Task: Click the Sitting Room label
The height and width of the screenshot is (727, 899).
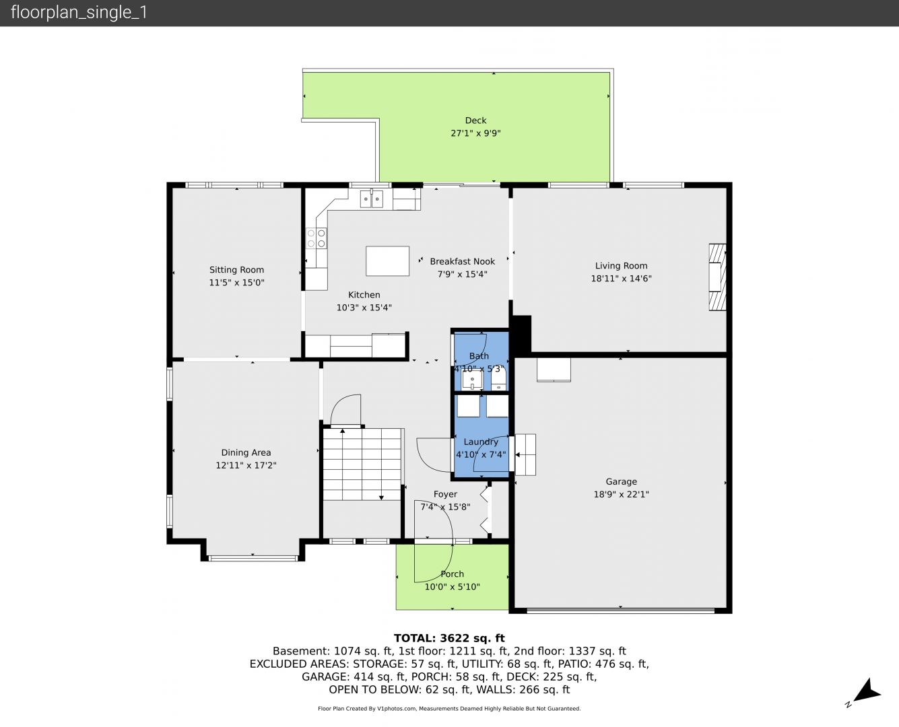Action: point(236,270)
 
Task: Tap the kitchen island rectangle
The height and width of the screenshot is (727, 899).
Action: point(387,261)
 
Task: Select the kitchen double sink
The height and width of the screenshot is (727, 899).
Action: point(372,199)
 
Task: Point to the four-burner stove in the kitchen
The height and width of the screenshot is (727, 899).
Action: point(317,238)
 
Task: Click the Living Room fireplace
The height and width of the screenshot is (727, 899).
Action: point(717,277)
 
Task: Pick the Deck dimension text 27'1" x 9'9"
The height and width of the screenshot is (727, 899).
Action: point(475,133)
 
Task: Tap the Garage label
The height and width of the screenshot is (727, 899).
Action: point(622,481)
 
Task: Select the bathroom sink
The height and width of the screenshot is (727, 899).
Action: point(472,380)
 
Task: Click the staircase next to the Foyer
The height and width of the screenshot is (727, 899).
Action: point(362,464)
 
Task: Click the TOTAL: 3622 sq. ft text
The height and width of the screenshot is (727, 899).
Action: point(449,638)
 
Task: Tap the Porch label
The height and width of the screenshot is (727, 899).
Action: point(452,574)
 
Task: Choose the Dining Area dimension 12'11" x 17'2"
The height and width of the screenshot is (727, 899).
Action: point(246,465)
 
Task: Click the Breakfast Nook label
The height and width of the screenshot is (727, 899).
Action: point(462,261)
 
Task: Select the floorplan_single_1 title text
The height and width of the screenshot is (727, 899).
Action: point(79,13)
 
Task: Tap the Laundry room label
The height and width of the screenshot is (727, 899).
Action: point(481,442)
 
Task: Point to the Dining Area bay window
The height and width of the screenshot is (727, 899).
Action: point(253,559)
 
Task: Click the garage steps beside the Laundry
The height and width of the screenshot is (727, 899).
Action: point(525,455)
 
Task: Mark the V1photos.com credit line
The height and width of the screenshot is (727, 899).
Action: point(449,708)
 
